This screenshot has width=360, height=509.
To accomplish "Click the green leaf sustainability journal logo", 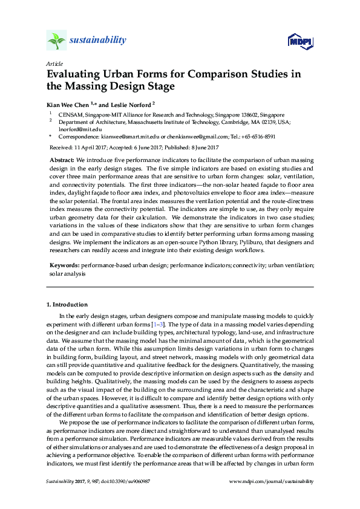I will (x=56, y=41).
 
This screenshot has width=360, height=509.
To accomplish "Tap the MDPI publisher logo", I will (x=300, y=42).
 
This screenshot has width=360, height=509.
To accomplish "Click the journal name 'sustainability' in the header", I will (x=98, y=41).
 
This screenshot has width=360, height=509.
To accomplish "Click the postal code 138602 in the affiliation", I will (x=254, y=114).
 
